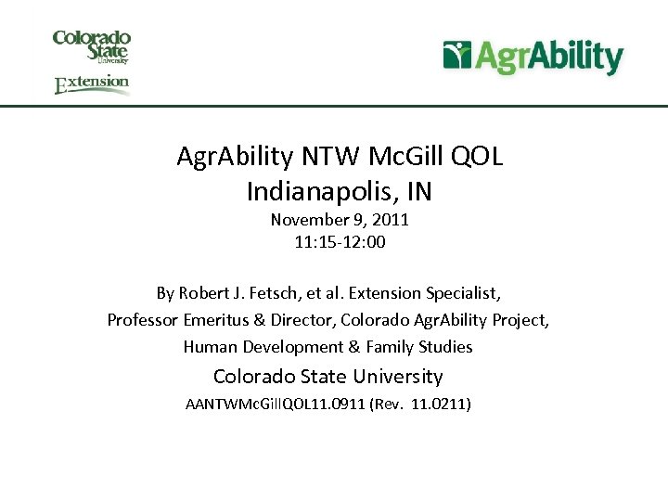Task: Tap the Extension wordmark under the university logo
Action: tap(91, 84)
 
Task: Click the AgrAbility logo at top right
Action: tap(533, 57)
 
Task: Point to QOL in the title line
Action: tap(476, 157)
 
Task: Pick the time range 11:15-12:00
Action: tap(340, 243)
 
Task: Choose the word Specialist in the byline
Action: tap(463, 293)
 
